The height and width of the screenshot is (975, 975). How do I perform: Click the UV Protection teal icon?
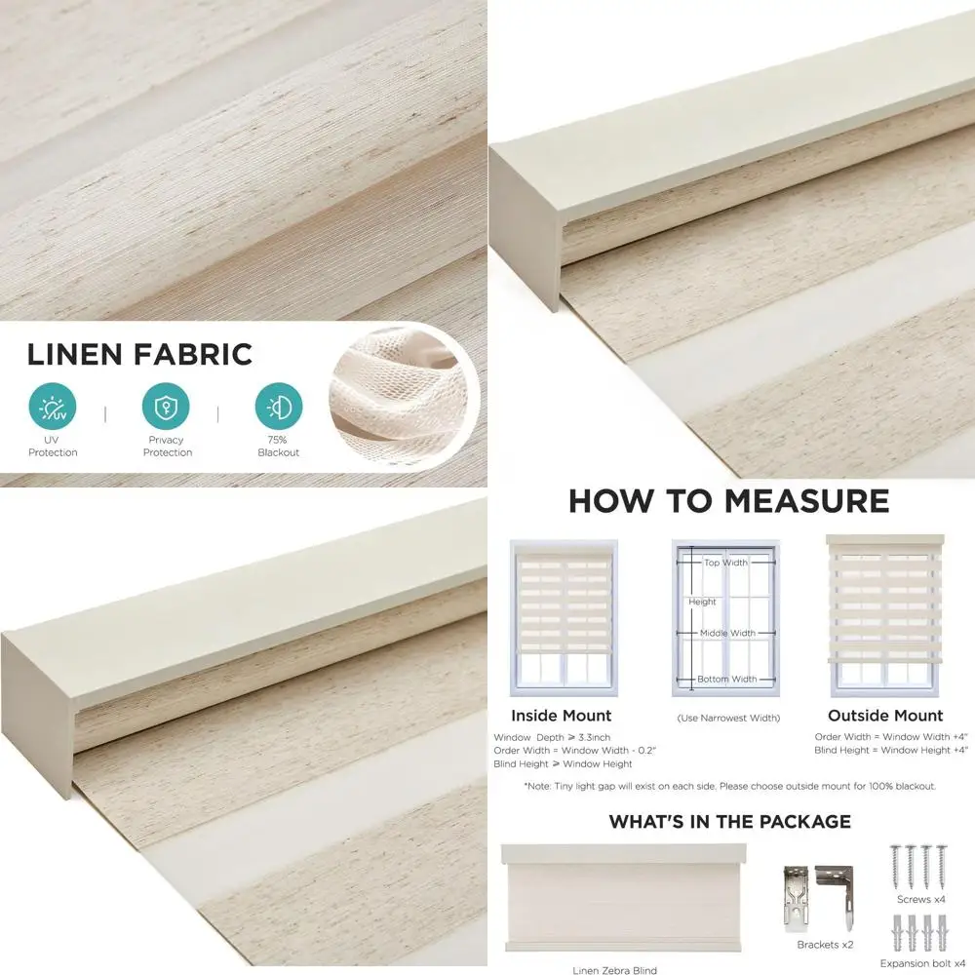coord(53,407)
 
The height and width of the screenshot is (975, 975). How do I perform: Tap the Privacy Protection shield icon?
coord(166,407)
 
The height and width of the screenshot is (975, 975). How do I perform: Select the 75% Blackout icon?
coord(279,407)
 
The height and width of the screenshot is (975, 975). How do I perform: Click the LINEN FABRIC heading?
coord(139,354)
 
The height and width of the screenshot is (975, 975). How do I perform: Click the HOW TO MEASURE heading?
coord(728,501)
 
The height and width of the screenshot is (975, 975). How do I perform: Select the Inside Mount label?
coord(561,716)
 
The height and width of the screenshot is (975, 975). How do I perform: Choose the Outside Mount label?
coord(884,716)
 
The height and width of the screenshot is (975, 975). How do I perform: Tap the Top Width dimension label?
coord(725,563)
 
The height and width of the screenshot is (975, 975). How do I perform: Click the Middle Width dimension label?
coord(726,633)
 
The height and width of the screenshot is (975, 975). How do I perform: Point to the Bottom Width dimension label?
coord(726,679)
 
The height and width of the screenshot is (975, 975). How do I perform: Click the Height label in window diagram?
coord(702,603)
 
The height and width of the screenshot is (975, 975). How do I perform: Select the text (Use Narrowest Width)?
coord(728,719)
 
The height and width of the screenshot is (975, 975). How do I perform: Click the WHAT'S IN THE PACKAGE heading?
coord(729,822)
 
